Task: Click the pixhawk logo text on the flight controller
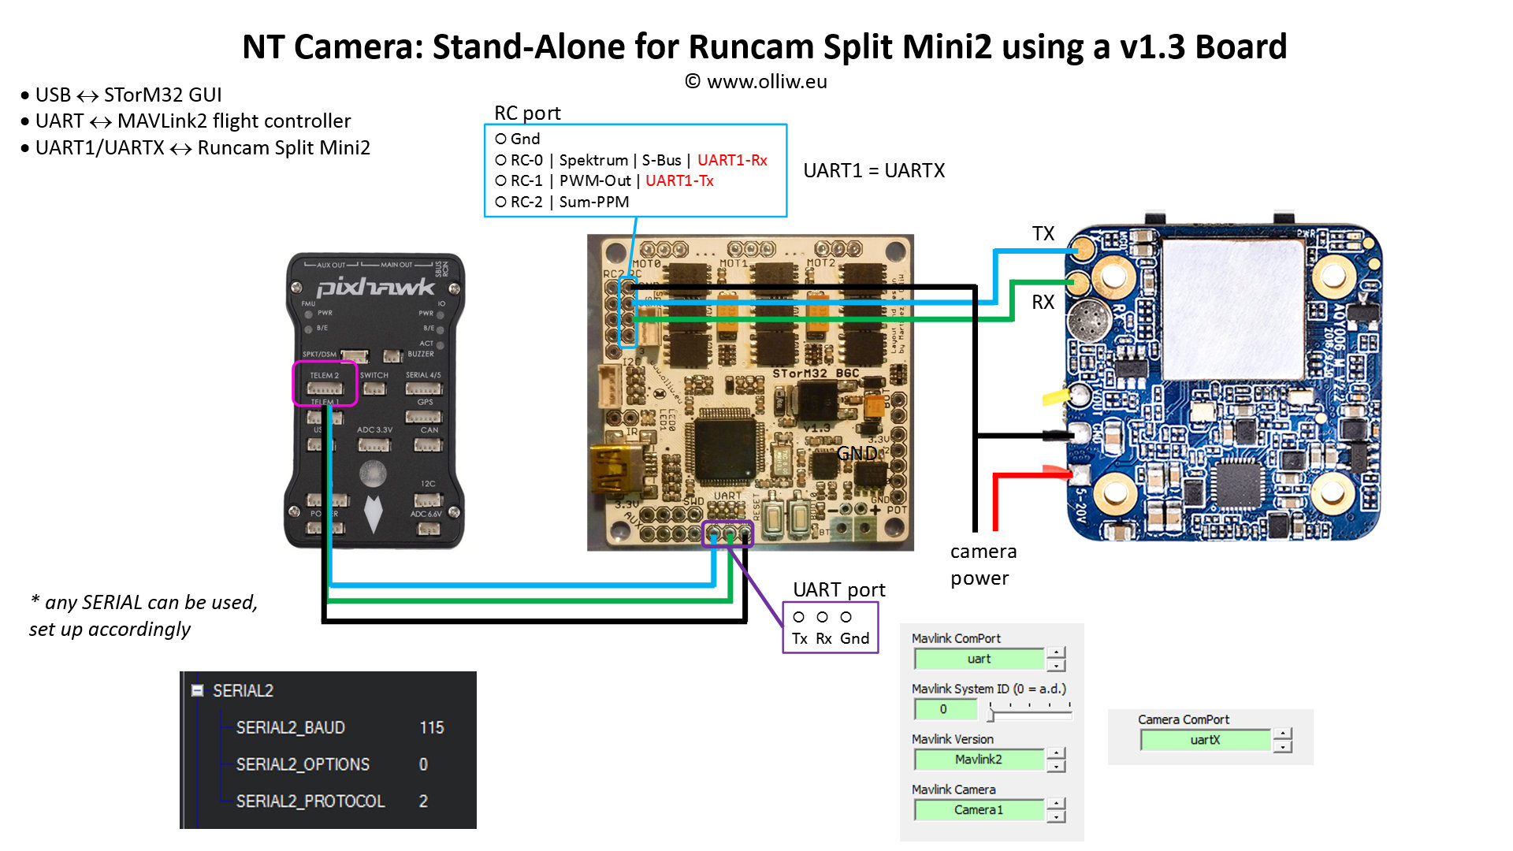(x=375, y=287)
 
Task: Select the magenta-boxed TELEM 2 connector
(x=325, y=384)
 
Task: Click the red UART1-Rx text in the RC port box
(x=732, y=160)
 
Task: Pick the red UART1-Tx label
(x=679, y=180)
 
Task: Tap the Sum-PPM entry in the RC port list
(x=593, y=202)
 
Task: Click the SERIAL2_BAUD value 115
(x=431, y=727)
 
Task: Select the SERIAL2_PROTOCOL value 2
(x=423, y=801)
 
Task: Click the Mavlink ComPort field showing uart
(x=979, y=659)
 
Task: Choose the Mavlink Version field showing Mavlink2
(x=979, y=760)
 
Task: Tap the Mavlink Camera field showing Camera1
(x=979, y=810)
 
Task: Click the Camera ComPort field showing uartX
(x=1205, y=740)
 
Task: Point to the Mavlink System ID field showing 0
(x=943, y=709)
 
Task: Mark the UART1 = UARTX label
(x=874, y=170)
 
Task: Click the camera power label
(x=983, y=564)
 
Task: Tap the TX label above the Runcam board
(x=1043, y=233)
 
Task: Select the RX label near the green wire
(x=1043, y=302)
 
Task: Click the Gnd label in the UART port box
(x=854, y=638)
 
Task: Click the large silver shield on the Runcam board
(x=1233, y=309)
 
